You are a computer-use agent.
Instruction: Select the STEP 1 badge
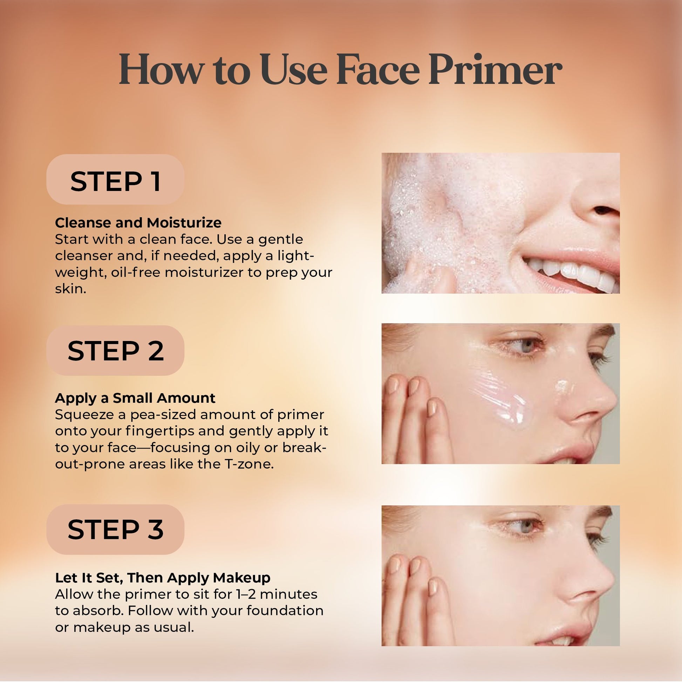click(115, 180)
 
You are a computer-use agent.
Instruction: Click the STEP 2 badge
click(115, 350)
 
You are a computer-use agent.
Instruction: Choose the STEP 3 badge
click(115, 530)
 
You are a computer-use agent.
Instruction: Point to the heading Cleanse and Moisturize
click(138, 223)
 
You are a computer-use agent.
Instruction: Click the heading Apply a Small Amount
click(135, 398)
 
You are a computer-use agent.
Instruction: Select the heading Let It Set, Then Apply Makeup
click(163, 578)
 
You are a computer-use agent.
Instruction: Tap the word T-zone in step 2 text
click(249, 464)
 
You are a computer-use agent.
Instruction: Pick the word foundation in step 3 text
click(285, 611)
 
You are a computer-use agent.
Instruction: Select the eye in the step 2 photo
click(524, 346)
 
